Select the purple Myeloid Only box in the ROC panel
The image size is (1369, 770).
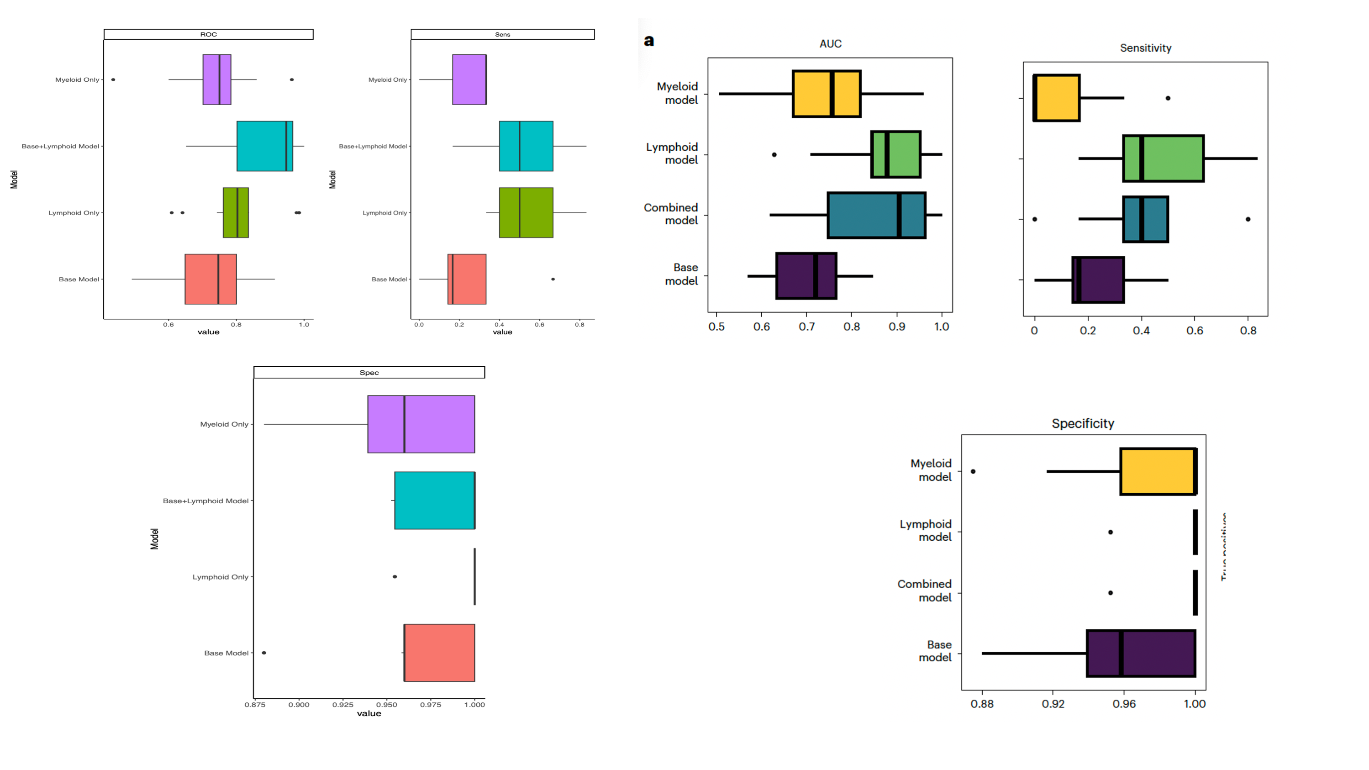(216, 80)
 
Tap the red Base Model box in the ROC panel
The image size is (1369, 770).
(211, 279)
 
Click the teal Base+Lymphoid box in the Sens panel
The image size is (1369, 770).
(526, 146)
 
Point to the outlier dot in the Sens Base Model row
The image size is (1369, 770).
(553, 279)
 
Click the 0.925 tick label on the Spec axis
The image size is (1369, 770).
(343, 705)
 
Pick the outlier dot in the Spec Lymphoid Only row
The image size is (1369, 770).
(395, 576)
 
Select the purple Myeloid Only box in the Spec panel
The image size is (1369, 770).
(421, 424)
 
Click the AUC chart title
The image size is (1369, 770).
(830, 43)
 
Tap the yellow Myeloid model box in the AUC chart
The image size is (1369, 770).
(827, 94)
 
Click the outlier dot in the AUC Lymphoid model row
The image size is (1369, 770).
(774, 155)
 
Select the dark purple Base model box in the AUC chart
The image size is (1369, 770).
(806, 276)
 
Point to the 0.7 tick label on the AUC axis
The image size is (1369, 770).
(806, 326)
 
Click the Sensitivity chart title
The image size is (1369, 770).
(1145, 48)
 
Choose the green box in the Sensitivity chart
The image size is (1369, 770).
(1163, 158)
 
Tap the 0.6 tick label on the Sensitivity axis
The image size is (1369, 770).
(1194, 331)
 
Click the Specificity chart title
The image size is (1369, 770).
(1083, 423)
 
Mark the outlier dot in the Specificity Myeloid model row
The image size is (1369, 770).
(973, 471)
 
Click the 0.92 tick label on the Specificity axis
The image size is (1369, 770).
(1053, 704)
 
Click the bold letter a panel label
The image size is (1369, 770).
(648, 41)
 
